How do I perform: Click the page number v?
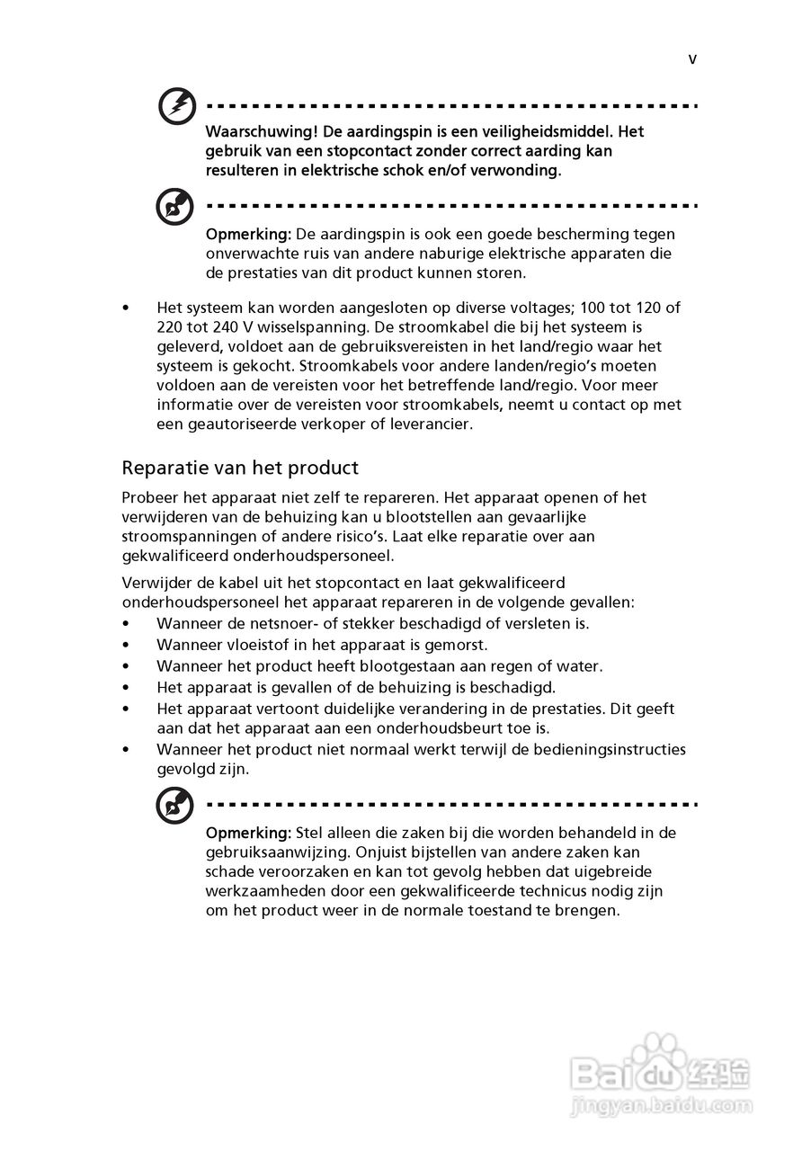pyautogui.click(x=692, y=60)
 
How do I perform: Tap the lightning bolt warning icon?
pyautogui.click(x=176, y=107)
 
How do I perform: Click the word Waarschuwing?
pyautogui.click(x=253, y=132)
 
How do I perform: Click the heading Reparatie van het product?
pyautogui.click(x=240, y=468)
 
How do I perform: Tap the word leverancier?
pyautogui.click(x=430, y=424)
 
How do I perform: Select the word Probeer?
pyautogui.click(x=150, y=498)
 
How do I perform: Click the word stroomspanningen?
pyautogui.click(x=186, y=537)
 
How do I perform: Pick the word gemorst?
pyautogui.click(x=459, y=645)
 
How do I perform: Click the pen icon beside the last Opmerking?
pyautogui.click(x=174, y=805)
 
